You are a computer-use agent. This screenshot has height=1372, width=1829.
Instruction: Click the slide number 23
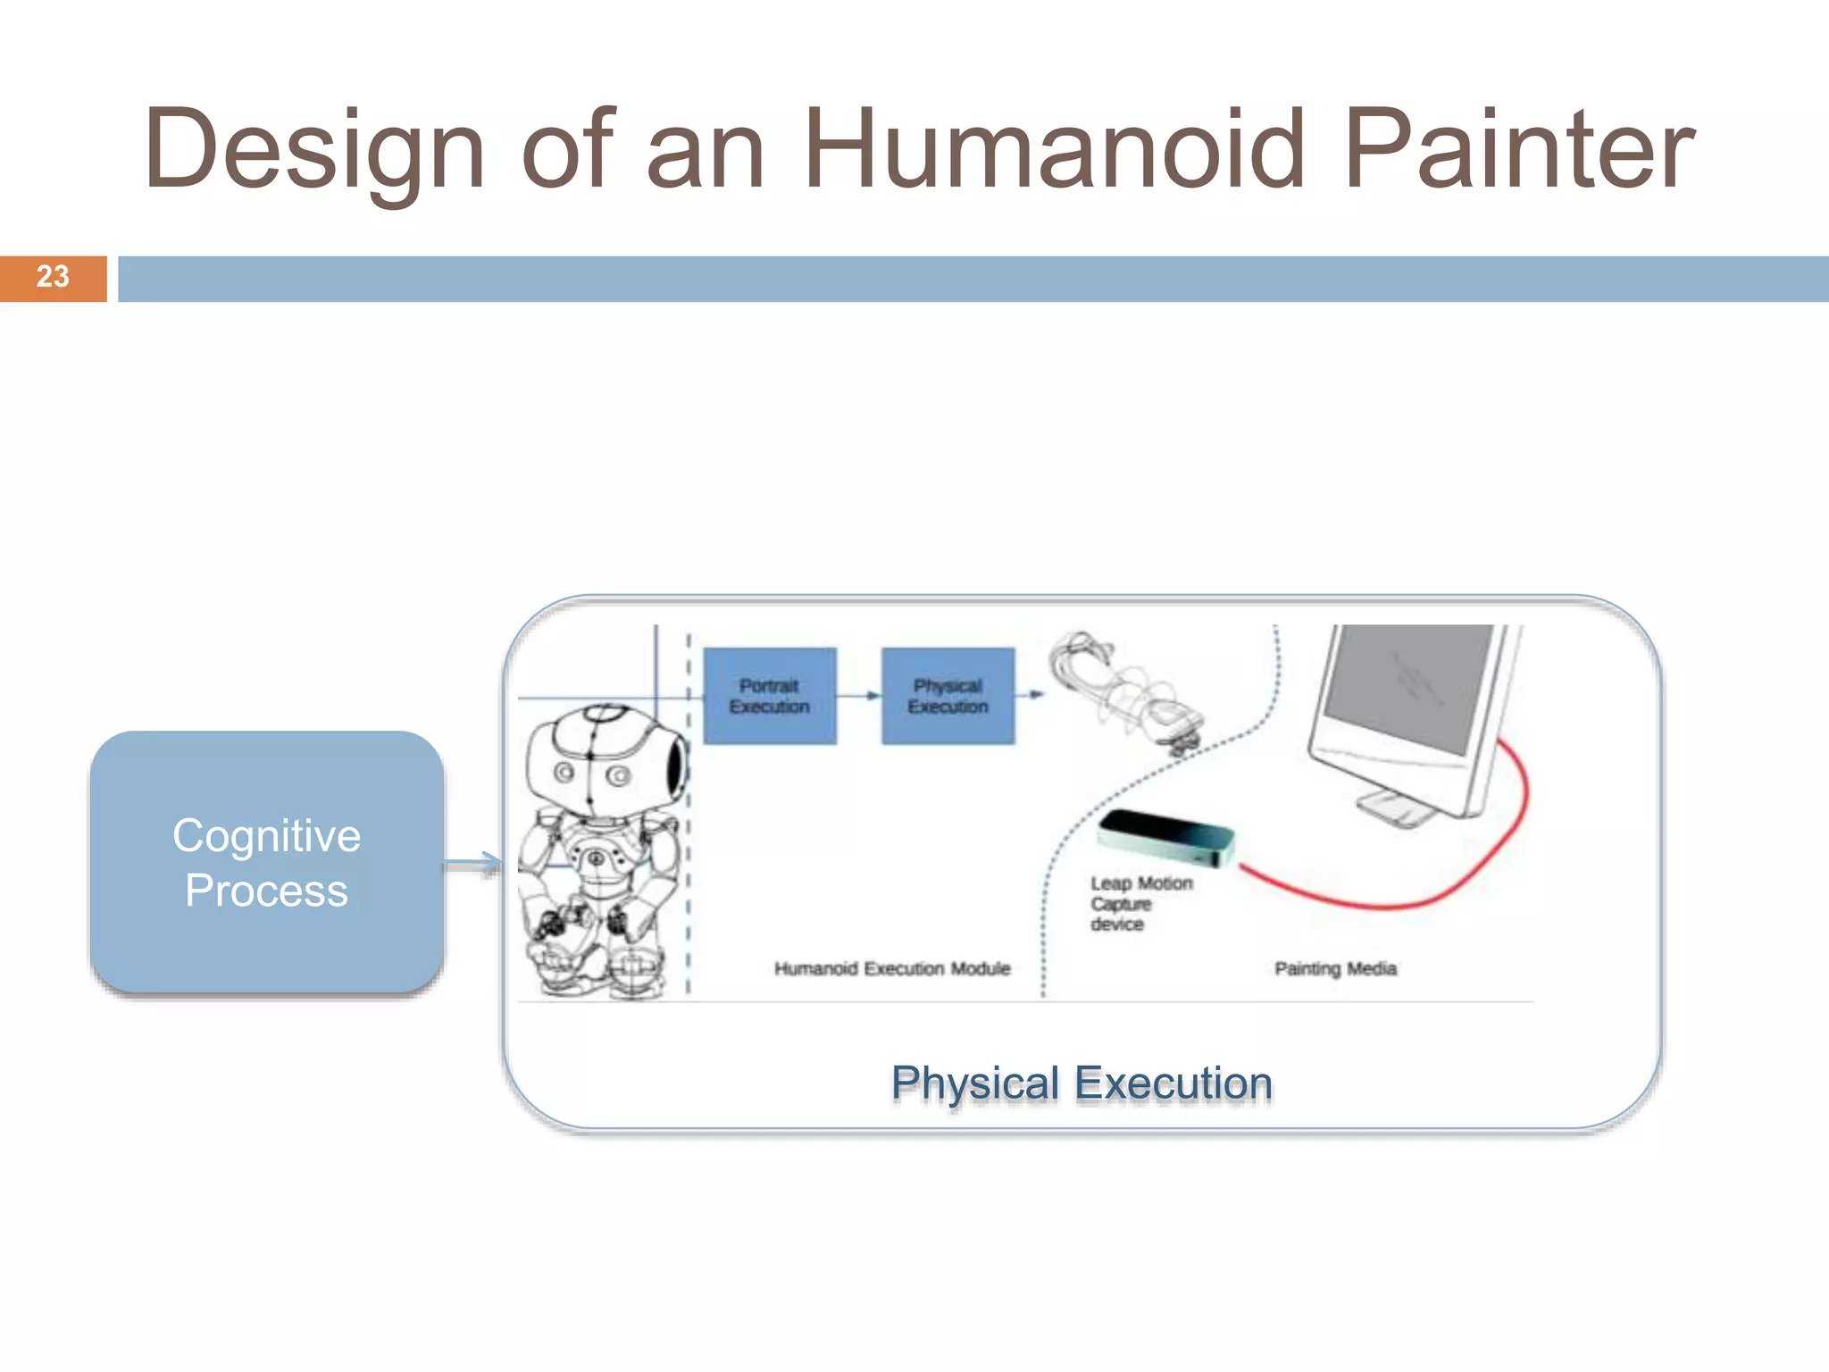coord(53,277)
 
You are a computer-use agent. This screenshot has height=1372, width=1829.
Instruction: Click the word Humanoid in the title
coord(1054,150)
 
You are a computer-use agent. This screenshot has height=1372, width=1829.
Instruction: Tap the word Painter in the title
coord(1518,150)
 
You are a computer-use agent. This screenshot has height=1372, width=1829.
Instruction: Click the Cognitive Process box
coord(267,862)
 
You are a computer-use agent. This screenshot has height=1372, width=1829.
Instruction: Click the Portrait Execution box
coord(770,696)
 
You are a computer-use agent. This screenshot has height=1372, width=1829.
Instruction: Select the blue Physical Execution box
coord(948,696)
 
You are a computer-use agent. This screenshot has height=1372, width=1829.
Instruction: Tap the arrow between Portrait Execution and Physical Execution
coord(859,695)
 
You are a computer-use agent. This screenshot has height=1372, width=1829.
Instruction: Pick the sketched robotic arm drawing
coord(1125,692)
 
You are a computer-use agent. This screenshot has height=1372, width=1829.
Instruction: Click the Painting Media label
coord(1335,968)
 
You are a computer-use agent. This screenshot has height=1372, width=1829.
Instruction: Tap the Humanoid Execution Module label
coord(892,968)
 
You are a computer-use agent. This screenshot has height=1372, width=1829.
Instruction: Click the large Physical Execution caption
coord(1082,1083)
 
